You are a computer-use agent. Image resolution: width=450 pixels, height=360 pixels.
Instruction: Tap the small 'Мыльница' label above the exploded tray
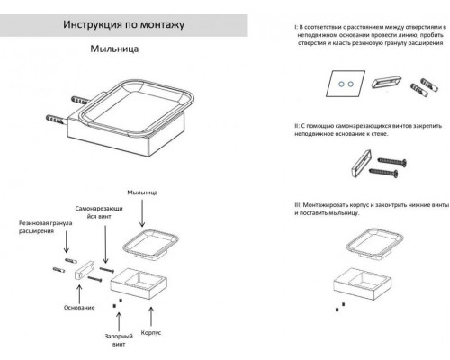click(142, 192)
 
